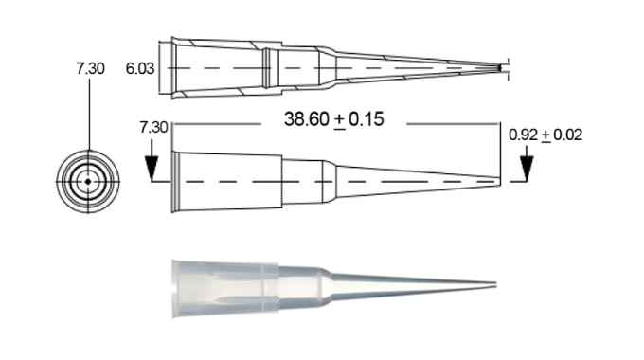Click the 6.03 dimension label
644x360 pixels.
[140, 68]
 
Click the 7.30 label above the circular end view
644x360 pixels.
[90, 68]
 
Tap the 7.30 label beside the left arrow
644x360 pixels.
[153, 127]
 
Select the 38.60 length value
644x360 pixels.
[307, 119]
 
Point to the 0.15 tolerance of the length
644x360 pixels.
[367, 119]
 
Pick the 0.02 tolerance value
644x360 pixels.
[568, 135]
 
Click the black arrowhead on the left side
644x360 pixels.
[152, 168]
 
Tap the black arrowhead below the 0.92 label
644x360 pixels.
[527, 168]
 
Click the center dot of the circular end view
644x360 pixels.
[88, 181]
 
